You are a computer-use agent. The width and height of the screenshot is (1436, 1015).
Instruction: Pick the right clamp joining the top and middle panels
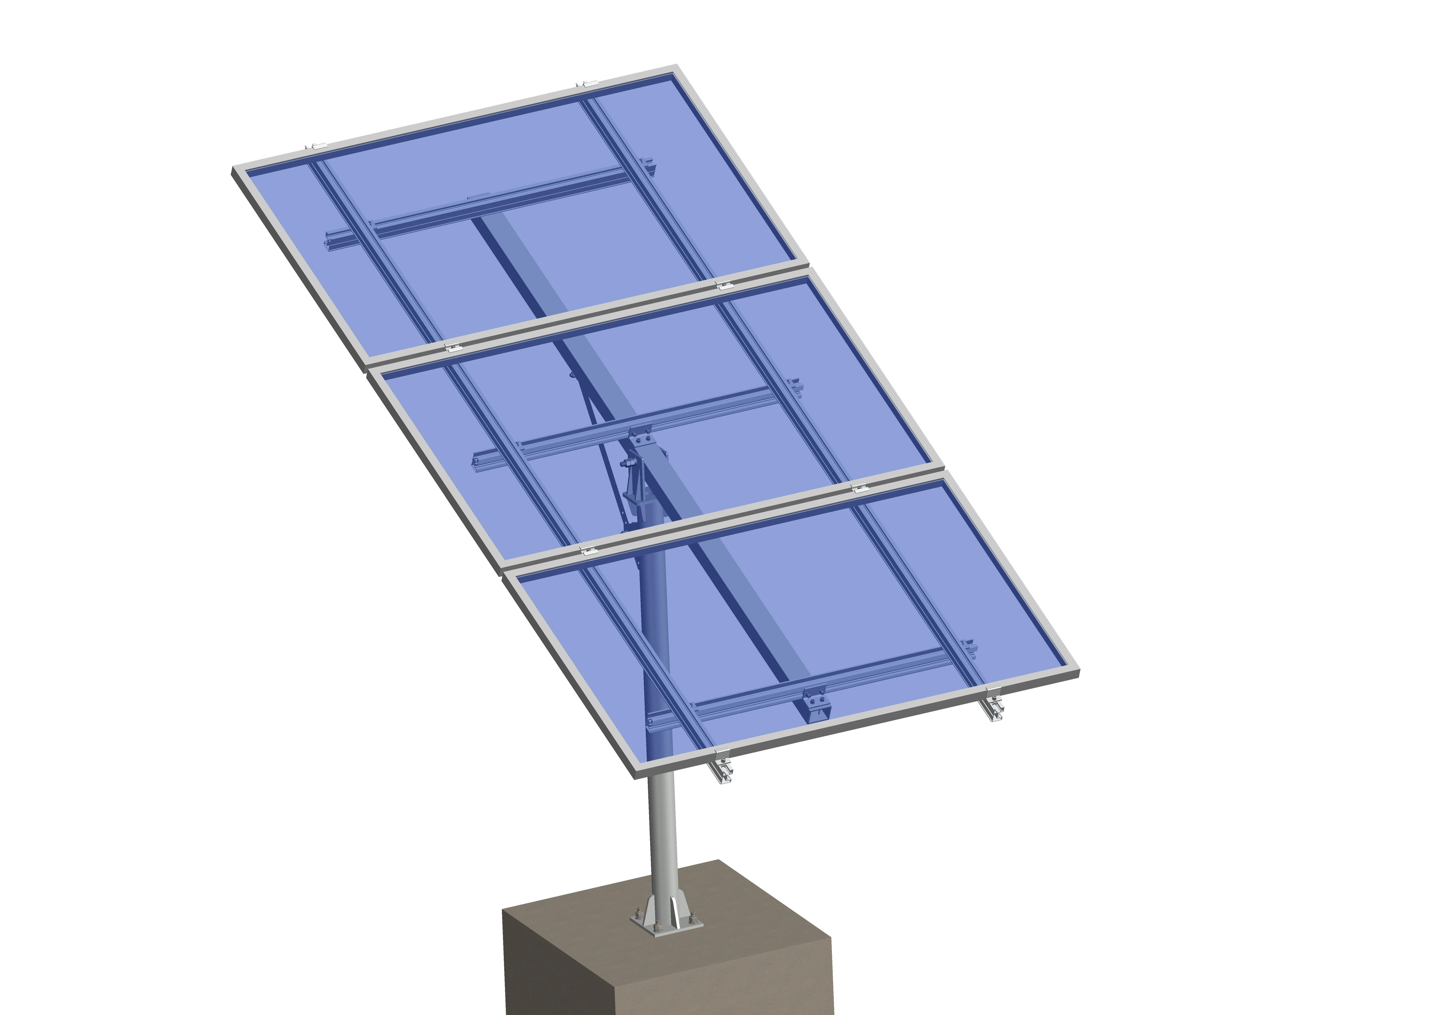724,285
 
